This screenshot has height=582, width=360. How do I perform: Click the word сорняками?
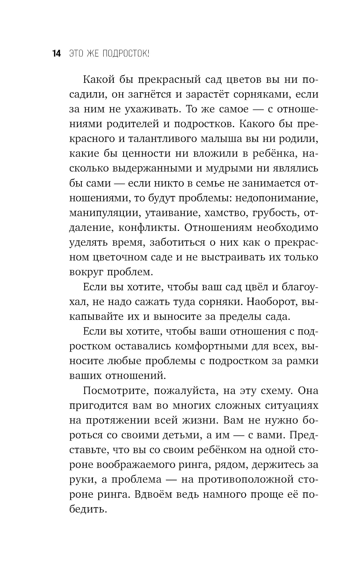tap(260, 94)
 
